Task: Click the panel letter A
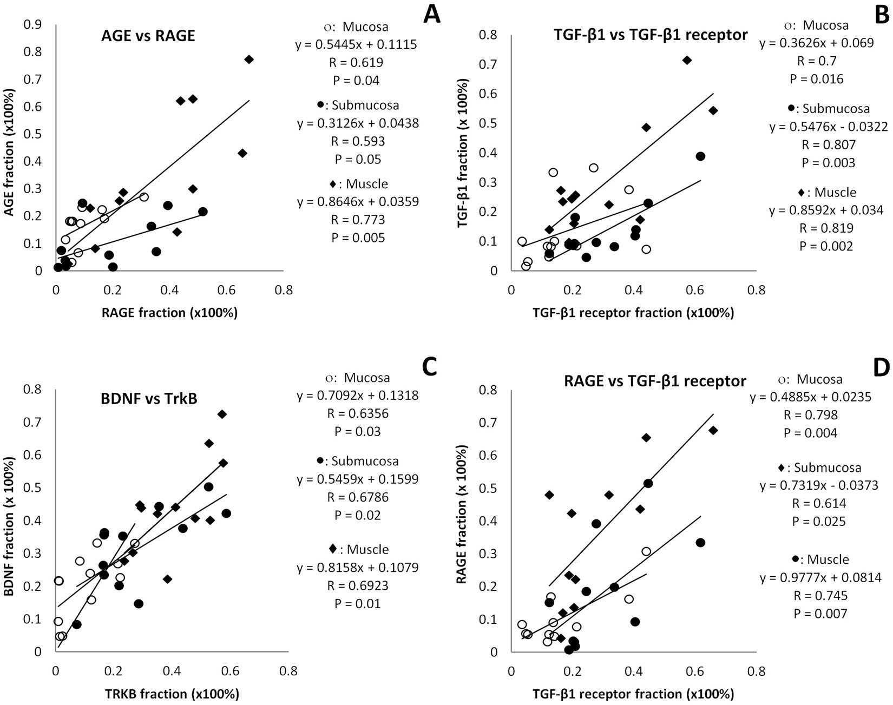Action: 431,14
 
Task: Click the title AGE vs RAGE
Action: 148,36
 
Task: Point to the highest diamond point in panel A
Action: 249,60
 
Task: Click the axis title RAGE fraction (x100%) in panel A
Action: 169,313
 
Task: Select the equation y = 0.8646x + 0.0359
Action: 358,202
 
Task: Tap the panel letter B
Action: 881,14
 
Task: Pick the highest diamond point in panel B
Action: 687,60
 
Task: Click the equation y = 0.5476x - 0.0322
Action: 829,127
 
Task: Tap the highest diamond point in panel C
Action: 222,414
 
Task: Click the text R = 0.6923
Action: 357,585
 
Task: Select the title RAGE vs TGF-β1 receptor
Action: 655,381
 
